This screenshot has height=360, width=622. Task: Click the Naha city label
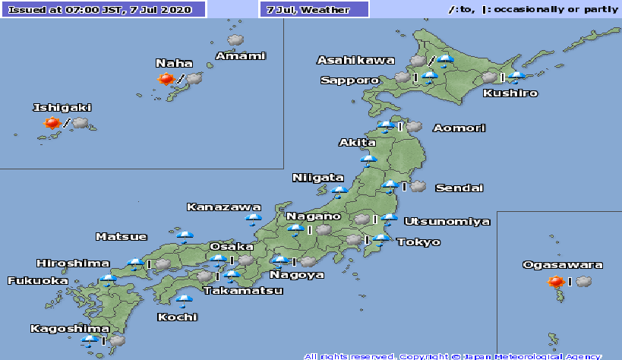(174, 63)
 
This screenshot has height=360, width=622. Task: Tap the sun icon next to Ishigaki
(52, 123)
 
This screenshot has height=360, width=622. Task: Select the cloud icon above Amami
(235, 39)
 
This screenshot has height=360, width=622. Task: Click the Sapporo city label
(349, 80)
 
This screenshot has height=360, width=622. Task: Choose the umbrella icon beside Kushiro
(517, 77)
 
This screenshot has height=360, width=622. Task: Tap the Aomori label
(459, 128)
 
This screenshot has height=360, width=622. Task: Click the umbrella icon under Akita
(369, 159)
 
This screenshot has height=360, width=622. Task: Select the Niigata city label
(318, 178)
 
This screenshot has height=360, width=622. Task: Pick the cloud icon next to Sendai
(418, 186)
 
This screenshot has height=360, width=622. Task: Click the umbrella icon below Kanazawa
(253, 220)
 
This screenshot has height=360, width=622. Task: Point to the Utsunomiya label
(447, 222)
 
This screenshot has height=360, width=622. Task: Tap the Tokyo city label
(418, 242)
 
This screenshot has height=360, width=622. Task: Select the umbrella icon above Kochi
(183, 298)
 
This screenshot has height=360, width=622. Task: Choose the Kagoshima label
(58, 329)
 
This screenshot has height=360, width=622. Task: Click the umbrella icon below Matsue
(185, 236)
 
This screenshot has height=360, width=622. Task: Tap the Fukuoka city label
(37, 281)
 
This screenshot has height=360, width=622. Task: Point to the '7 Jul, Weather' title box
(314, 10)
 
